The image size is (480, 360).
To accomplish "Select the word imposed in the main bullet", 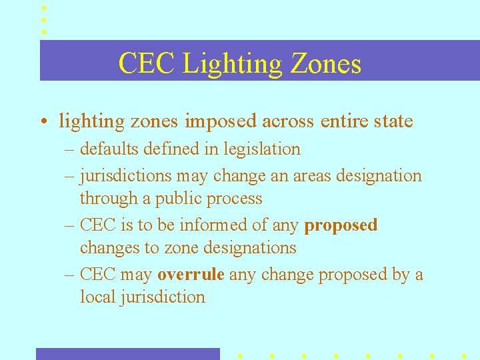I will point(221,122).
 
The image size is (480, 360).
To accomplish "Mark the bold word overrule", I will point(191,275).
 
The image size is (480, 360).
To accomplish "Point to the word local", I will point(97,297).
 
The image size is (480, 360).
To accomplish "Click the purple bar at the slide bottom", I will point(127,353).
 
